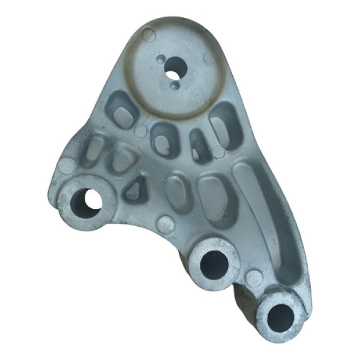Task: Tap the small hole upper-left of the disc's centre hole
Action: [x=160, y=59]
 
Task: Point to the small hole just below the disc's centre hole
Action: [x=174, y=86]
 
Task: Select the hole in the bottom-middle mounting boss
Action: [x=214, y=264]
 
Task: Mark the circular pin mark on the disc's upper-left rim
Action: [x=149, y=35]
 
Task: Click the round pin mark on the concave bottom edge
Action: [x=165, y=224]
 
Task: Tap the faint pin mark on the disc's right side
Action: [x=209, y=58]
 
